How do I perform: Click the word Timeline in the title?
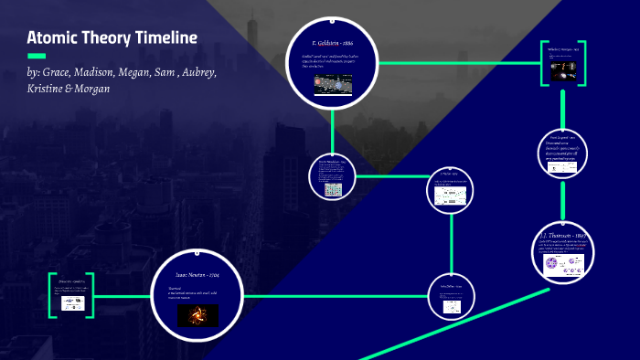coord(163,37)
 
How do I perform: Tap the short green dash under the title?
coord(37,56)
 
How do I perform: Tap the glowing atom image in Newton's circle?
coord(197,316)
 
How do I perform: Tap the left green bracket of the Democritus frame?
coord(53,294)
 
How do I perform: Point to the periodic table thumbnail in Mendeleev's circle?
coord(332,188)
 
